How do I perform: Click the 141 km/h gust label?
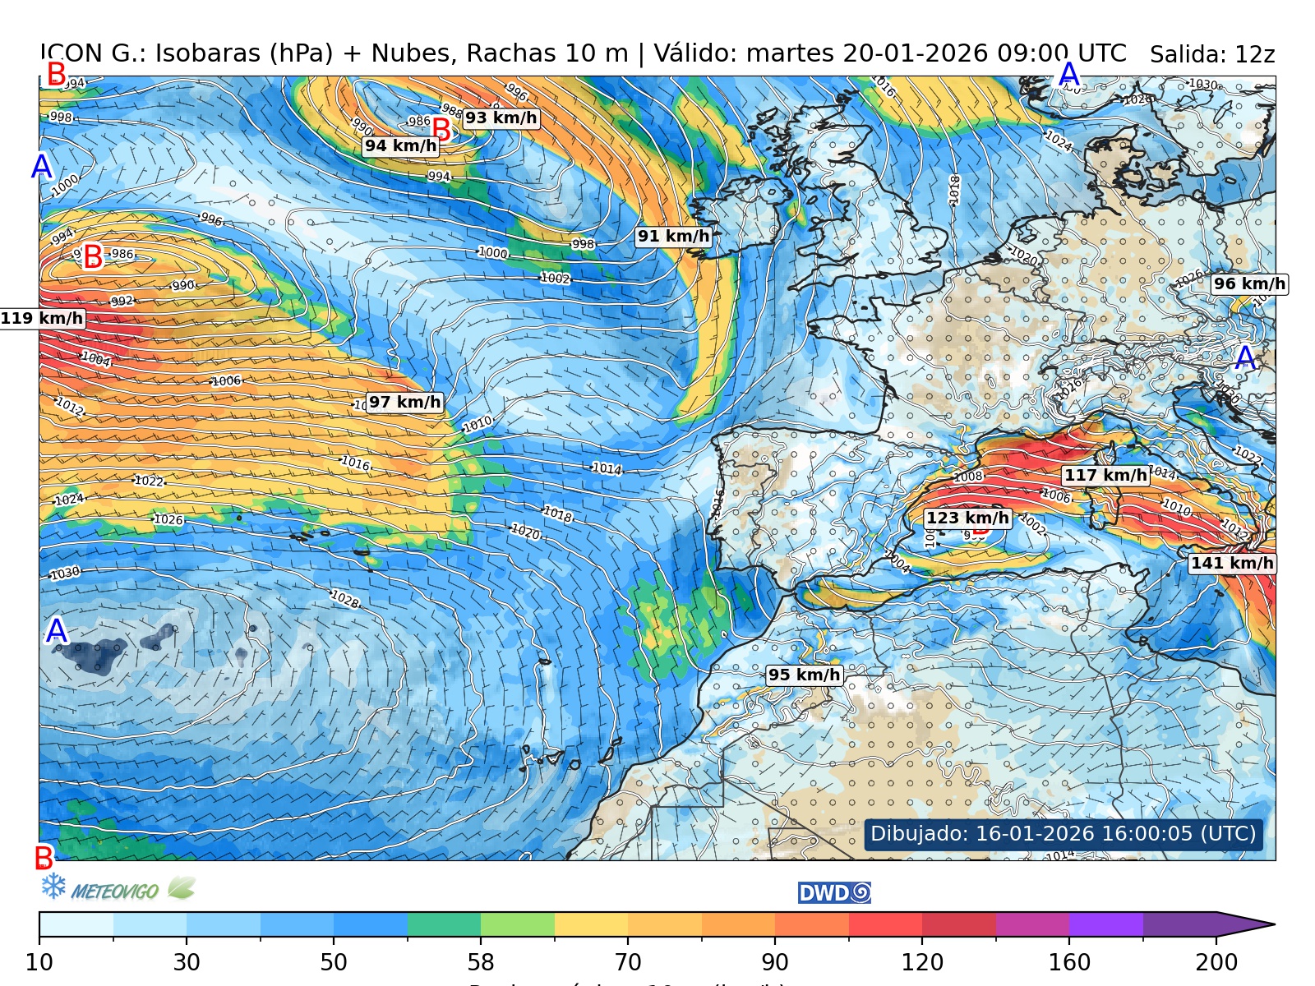1232,563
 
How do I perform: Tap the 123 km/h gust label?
967,518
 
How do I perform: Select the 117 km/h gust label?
1105,475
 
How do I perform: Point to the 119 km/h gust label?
42,318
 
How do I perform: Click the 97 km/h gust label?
404,402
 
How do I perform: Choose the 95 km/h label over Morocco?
804,675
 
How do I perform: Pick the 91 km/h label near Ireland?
673,236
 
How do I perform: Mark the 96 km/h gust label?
1249,283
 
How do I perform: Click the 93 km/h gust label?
501,117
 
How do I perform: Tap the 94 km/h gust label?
400,145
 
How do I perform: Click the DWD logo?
834,893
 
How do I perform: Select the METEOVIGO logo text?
114,891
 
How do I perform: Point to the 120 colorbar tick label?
922,962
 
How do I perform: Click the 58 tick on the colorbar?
481,962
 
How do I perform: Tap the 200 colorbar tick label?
1216,962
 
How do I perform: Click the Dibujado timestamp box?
1063,833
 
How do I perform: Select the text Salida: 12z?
1211,55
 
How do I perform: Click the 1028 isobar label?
344,599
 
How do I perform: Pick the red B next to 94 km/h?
441,130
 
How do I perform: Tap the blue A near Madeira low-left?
56,631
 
